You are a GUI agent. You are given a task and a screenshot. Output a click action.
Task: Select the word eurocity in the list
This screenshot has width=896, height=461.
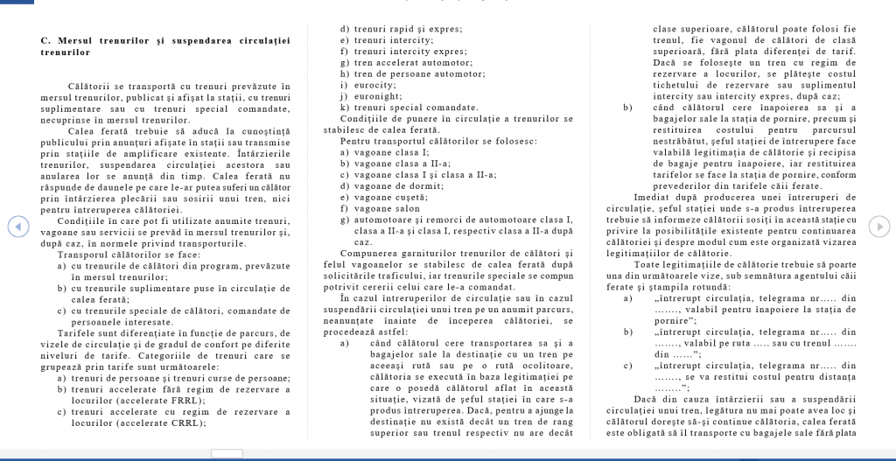click(373, 85)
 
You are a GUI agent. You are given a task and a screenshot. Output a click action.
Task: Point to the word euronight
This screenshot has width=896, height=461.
click(377, 96)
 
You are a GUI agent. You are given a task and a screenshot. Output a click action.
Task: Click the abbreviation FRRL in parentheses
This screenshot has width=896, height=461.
click(178, 400)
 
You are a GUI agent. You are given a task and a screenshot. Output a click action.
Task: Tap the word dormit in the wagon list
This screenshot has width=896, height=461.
click(415, 185)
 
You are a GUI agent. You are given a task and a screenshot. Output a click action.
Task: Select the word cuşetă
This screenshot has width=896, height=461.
click(410, 196)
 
